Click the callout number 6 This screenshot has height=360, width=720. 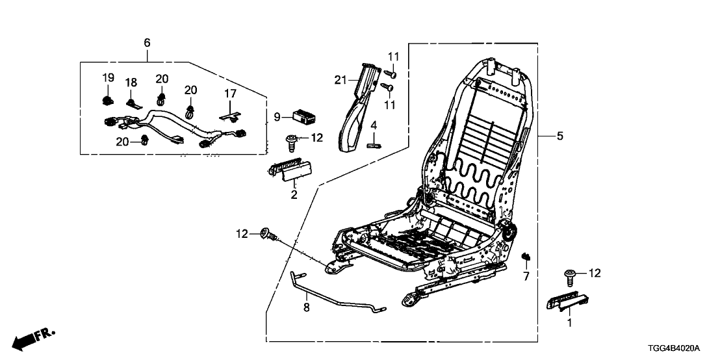147,42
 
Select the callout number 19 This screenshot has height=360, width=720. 108,78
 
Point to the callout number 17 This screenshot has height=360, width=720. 230,94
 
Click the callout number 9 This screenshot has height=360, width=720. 276,118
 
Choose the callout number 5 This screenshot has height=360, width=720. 560,136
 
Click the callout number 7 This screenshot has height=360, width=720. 526,277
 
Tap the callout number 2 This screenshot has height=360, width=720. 294,194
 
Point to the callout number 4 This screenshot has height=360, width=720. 374,124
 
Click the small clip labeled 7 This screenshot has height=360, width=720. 526,258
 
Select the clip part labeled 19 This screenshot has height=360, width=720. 107,99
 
